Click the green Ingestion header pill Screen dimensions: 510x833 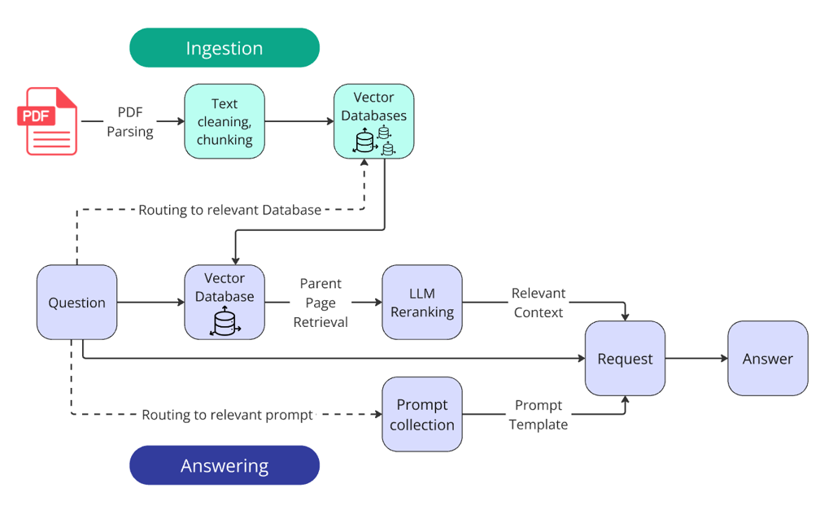(x=225, y=48)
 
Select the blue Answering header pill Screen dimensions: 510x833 (x=225, y=466)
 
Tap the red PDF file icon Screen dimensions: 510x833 (x=48, y=120)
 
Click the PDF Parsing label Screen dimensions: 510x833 (x=130, y=122)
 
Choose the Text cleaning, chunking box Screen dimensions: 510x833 (x=225, y=121)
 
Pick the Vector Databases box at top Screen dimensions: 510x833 (x=374, y=121)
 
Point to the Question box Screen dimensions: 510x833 (x=76, y=303)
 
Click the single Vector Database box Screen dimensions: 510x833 (x=225, y=302)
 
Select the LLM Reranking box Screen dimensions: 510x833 (x=422, y=302)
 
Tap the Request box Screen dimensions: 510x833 (x=625, y=359)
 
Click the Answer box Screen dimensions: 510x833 (x=767, y=359)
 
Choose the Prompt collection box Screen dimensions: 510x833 (x=422, y=414)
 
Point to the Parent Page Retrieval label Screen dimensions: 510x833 (x=321, y=303)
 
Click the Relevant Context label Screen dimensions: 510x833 (x=538, y=303)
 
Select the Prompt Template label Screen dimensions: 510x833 (x=538, y=415)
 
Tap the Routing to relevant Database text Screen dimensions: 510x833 (x=229, y=210)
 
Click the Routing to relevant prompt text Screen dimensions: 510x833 (x=227, y=415)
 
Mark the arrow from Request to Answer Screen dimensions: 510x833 (x=696, y=359)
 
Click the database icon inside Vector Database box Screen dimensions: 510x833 (x=225, y=322)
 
